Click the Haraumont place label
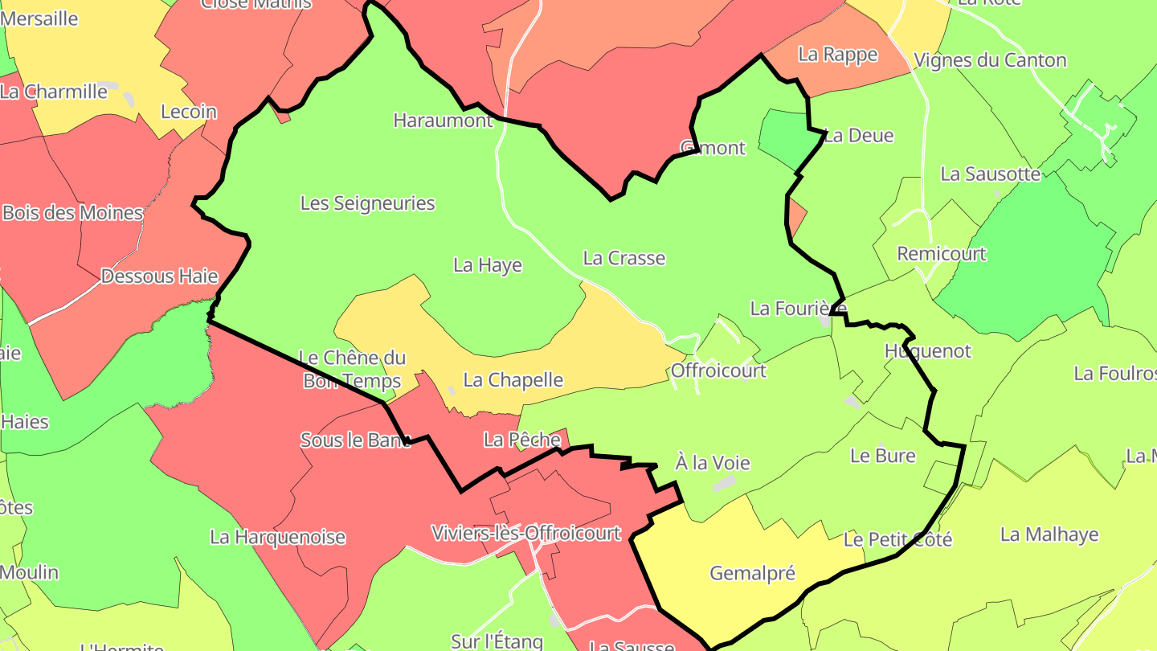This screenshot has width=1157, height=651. coord(443,121)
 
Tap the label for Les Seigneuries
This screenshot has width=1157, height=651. coord(367,203)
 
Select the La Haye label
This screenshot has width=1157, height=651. coord(488,265)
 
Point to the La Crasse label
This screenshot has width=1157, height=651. coord(624,258)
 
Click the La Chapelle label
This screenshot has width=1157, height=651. coord(513,380)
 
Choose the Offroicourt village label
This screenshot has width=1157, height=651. coord(718,371)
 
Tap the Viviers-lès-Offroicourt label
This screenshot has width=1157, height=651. coord(526,533)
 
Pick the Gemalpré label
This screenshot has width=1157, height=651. coord(753,573)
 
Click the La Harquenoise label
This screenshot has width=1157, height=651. coord(278,537)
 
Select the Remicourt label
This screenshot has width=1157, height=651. coord(942,254)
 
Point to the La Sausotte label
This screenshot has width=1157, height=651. coord(991,174)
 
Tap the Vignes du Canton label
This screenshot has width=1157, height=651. coord(991,60)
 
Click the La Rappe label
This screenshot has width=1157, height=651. coord(838,54)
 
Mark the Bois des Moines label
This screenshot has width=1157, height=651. coord(73,213)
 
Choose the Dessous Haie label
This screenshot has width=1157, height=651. coord(159,276)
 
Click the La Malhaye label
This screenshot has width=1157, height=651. coord(1049,534)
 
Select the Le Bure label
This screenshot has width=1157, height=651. coord(883,456)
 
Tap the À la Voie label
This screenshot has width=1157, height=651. coord(713,463)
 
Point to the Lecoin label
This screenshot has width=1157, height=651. coord(189,112)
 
